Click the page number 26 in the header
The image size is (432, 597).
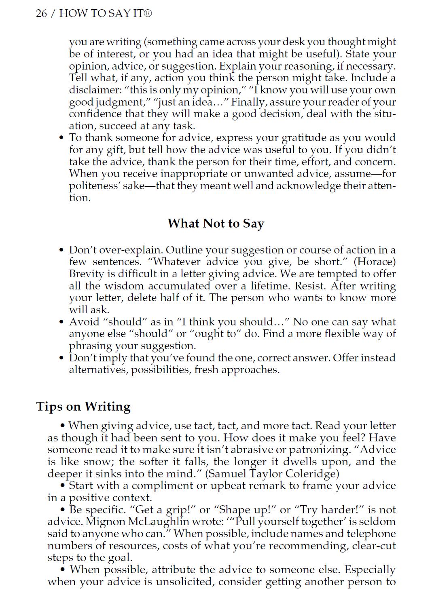point(41,13)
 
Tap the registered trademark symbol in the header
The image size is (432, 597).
point(148,13)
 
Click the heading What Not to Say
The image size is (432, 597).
point(216,224)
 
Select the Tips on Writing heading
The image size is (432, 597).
point(83,407)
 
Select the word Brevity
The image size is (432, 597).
point(87,274)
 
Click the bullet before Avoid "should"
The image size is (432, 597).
point(61,322)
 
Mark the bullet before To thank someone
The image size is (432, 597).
point(61,138)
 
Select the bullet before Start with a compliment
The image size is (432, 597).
point(63,486)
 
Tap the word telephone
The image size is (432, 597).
point(371,534)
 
